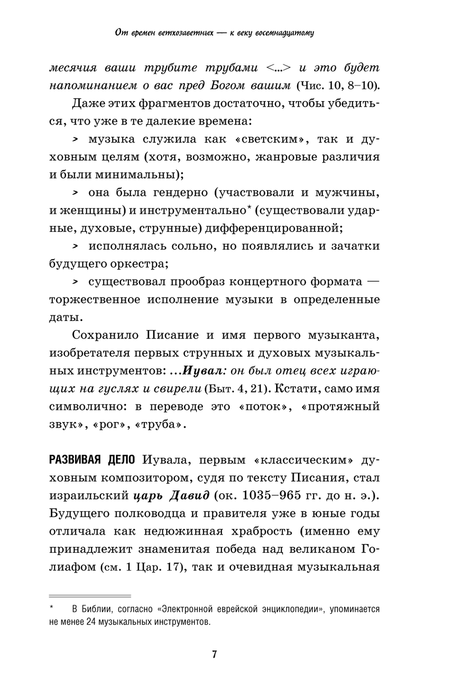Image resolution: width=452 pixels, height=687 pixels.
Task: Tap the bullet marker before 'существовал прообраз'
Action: click(x=75, y=282)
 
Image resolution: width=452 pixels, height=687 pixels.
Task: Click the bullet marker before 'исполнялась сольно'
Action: click(x=75, y=246)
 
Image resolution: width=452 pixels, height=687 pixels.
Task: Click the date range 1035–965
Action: click(x=272, y=496)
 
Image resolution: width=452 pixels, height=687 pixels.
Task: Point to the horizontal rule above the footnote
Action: click(x=89, y=596)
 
